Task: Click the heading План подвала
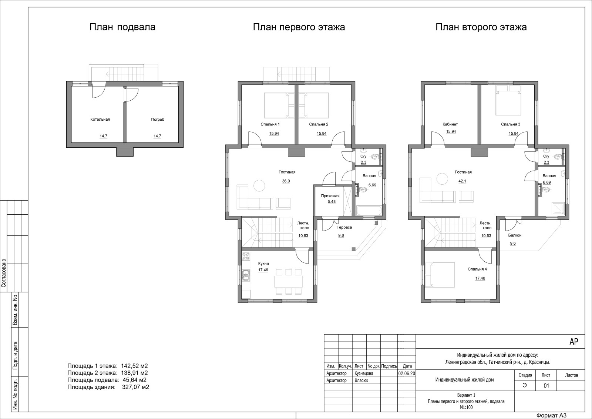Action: [x=122, y=27]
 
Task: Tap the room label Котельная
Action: [x=100, y=119]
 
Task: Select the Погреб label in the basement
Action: [x=158, y=120]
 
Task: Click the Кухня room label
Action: [x=263, y=264]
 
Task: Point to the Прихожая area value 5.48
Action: [x=332, y=202]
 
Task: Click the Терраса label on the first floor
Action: [x=344, y=227]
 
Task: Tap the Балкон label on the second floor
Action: [x=515, y=235]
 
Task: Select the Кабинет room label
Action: [x=450, y=124]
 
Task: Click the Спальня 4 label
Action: [x=477, y=269]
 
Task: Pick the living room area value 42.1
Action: [x=462, y=181]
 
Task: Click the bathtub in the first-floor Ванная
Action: [x=369, y=211]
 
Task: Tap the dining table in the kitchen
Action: [x=288, y=282]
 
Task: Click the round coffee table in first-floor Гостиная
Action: [x=259, y=185]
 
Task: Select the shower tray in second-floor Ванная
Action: [x=558, y=209]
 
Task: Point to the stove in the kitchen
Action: [x=246, y=256]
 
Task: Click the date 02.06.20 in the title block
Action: [x=407, y=373]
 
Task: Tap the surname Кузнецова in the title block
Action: [x=364, y=373]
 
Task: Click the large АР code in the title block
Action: [x=574, y=342]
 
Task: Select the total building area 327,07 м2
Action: [x=135, y=387]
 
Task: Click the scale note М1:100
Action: [x=466, y=408]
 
